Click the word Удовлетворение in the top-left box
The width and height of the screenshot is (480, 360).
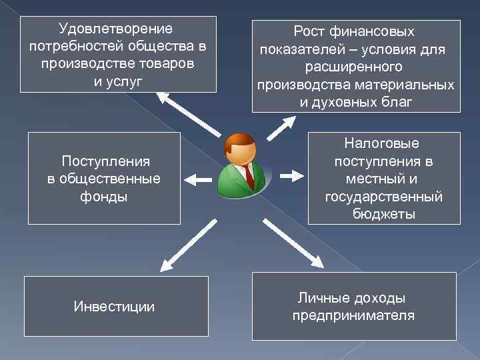[115, 29]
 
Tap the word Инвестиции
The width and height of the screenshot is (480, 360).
[114, 307]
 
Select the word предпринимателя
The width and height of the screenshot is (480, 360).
[353, 315]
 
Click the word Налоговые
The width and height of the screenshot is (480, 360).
[383, 143]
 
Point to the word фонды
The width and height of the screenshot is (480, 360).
[104, 197]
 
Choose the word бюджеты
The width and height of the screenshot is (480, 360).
[383, 215]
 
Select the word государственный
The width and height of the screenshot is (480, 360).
[383, 197]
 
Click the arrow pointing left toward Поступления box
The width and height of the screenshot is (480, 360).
[197, 178]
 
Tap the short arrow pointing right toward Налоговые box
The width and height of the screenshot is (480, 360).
[291, 176]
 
